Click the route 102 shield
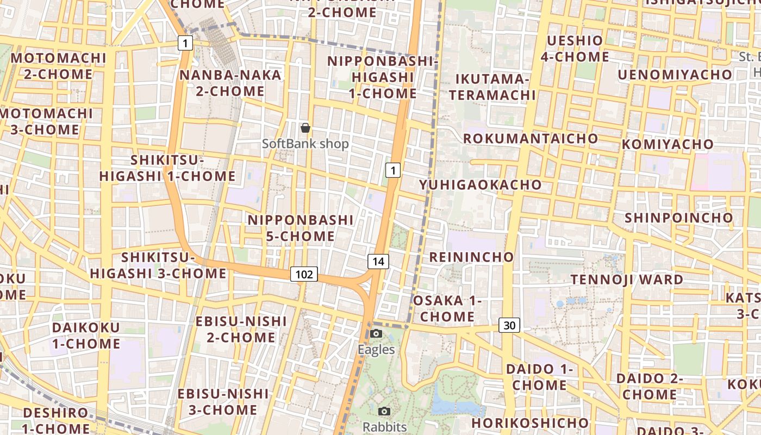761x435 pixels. [304, 274]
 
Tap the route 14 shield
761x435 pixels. [378, 262]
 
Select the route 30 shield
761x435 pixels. [509, 325]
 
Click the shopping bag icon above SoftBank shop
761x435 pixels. [305, 128]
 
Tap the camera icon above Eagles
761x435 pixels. [376, 333]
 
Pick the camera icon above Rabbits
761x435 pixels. [384, 411]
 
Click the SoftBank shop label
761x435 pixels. [305, 144]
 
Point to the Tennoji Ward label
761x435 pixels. [627, 279]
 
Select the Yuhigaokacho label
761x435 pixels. [481, 185]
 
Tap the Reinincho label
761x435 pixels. [471, 257]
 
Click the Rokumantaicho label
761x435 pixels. [531, 139]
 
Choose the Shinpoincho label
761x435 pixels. [679, 218]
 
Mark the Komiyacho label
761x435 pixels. [668, 144]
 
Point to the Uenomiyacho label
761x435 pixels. [675, 74]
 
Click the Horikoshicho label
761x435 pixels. [530, 423]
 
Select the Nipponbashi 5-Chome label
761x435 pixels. [301, 228]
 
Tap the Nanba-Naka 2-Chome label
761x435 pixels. [230, 83]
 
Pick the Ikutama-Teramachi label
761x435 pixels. [492, 87]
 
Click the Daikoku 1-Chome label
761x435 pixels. [86, 335]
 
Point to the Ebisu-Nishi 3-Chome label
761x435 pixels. [223, 401]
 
